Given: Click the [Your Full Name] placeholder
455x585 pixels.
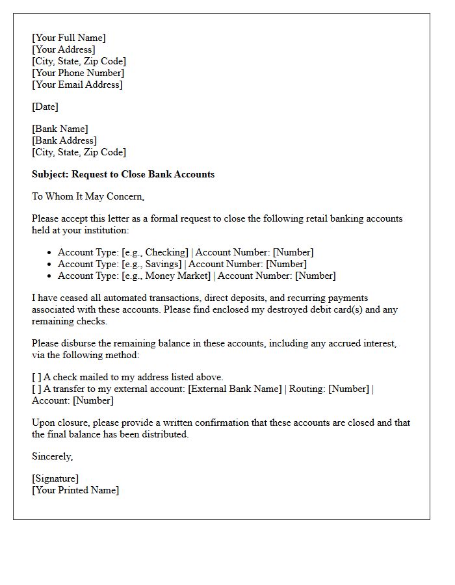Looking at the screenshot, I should pyautogui.click(x=68, y=38).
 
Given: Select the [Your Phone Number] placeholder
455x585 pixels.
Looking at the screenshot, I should pyautogui.click(x=78, y=73).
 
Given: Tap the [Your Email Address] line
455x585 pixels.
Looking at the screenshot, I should pyautogui.click(x=77, y=84).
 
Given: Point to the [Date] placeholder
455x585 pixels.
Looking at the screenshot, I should pyautogui.click(x=45, y=107).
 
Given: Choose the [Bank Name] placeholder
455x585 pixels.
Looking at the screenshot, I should pyautogui.click(x=60, y=129).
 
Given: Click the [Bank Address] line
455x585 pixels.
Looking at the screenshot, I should pyautogui.click(x=64, y=140).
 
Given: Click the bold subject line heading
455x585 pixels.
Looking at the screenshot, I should pyautogui.click(x=123, y=174).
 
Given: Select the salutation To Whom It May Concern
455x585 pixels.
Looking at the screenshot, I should pyautogui.click(x=88, y=196).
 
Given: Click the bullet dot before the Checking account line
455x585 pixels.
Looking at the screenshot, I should pyautogui.click(x=49, y=253).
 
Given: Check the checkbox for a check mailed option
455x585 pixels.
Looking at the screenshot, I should pyautogui.click(x=36, y=377).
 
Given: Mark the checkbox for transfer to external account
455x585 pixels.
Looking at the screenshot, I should pyautogui.click(x=36, y=389).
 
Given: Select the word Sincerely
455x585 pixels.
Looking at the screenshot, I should pyautogui.click(x=52, y=456).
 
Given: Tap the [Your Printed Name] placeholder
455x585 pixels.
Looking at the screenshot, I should pyautogui.click(x=75, y=490).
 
